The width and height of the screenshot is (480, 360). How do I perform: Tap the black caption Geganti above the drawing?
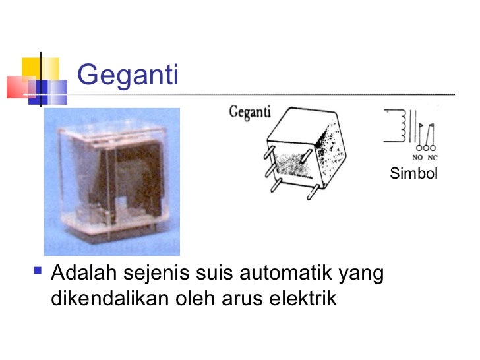[x=250, y=112]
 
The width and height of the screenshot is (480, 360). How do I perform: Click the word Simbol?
[x=414, y=174]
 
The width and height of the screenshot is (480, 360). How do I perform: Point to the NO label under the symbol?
[x=418, y=158]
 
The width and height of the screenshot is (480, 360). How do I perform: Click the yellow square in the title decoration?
[x=33, y=66]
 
